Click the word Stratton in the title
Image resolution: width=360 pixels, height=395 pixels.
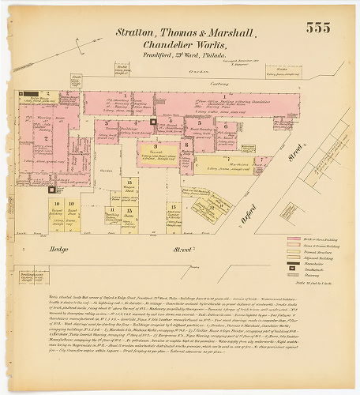coord(135,33)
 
